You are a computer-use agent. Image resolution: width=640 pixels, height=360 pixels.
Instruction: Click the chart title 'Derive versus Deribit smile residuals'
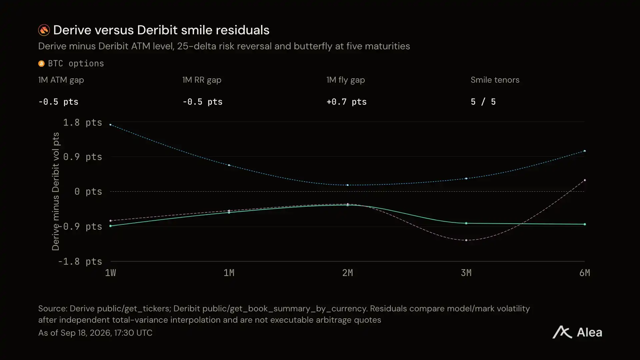[x=161, y=30]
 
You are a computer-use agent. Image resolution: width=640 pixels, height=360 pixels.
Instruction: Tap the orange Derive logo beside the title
[x=44, y=30]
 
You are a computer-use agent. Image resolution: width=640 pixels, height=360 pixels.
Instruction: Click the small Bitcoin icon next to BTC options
[x=41, y=64]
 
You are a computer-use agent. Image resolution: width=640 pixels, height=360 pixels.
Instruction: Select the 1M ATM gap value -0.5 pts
[x=58, y=102]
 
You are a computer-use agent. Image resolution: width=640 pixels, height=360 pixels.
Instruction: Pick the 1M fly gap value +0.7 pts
[x=346, y=102]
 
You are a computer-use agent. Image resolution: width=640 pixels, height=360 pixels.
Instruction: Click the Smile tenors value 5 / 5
[x=483, y=102]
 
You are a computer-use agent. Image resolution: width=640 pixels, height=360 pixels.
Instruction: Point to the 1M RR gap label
[x=202, y=80]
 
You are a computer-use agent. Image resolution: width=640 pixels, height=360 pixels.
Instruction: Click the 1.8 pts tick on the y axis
[x=83, y=123]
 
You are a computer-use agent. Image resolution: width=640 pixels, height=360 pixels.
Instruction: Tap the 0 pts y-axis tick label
[x=88, y=192]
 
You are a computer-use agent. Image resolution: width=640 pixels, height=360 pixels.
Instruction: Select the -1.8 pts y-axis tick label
[x=80, y=262]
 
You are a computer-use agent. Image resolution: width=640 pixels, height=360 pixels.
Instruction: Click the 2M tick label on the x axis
[x=348, y=273]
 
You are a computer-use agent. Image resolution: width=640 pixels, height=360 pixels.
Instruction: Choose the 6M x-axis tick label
[x=585, y=273]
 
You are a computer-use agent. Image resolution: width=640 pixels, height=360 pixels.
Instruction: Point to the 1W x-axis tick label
[x=110, y=273]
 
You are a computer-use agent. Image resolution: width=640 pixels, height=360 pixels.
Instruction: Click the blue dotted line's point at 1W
[x=110, y=125]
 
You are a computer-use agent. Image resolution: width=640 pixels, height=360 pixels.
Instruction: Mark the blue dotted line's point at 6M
[x=585, y=151]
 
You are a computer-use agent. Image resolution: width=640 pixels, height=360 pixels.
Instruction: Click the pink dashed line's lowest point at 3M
[x=466, y=240]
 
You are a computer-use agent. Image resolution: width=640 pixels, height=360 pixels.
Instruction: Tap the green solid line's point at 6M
[x=585, y=224]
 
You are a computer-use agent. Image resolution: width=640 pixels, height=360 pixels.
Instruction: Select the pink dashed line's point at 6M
[x=585, y=180]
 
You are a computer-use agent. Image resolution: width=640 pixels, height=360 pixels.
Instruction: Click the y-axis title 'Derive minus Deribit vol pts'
[x=56, y=191]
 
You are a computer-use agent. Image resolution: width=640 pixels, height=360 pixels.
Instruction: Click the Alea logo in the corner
[x=577, y=332]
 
